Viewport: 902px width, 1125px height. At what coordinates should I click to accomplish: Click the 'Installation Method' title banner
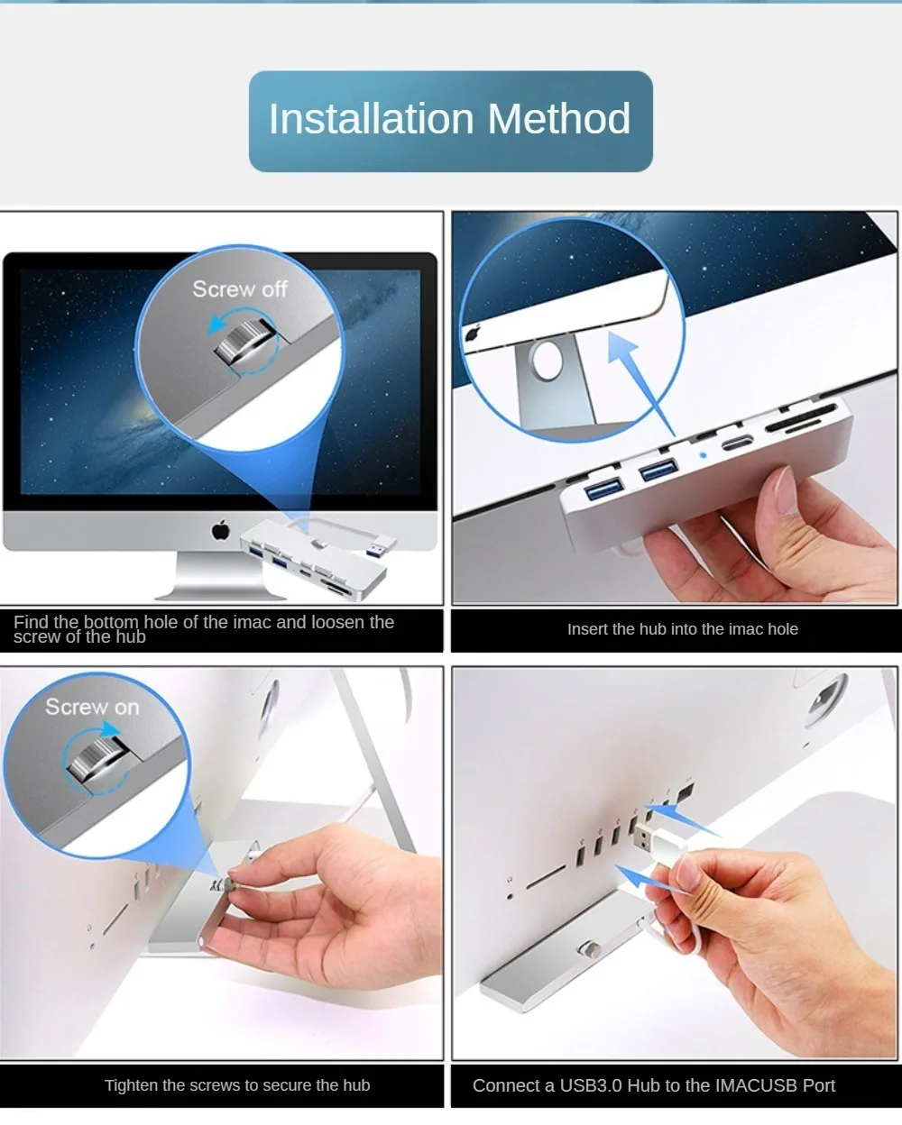coord(450,122)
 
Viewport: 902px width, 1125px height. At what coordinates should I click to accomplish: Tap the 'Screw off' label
coord(240,289)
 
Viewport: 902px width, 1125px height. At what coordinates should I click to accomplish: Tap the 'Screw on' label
coord(92,707)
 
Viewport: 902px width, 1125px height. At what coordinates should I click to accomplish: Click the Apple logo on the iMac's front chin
coord(221,530)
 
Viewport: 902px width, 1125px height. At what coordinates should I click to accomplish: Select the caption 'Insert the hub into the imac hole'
coord(682,629)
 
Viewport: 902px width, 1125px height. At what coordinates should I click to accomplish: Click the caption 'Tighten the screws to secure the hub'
coord(237,1085)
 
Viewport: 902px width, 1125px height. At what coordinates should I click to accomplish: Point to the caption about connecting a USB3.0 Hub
coord(653,1085)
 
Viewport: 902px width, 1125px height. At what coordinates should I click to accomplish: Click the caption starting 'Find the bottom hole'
coord(204,629)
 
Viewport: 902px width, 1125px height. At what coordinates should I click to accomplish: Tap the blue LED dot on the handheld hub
coord(703,455)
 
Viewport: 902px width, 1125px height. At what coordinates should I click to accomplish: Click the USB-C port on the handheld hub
coord(737,444)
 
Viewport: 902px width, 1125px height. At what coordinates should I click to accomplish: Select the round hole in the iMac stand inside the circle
coord(547,361)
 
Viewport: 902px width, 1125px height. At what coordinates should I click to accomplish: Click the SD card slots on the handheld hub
coord(800,419)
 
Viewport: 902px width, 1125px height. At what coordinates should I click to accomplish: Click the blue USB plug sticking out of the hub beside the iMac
coord(380,547)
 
